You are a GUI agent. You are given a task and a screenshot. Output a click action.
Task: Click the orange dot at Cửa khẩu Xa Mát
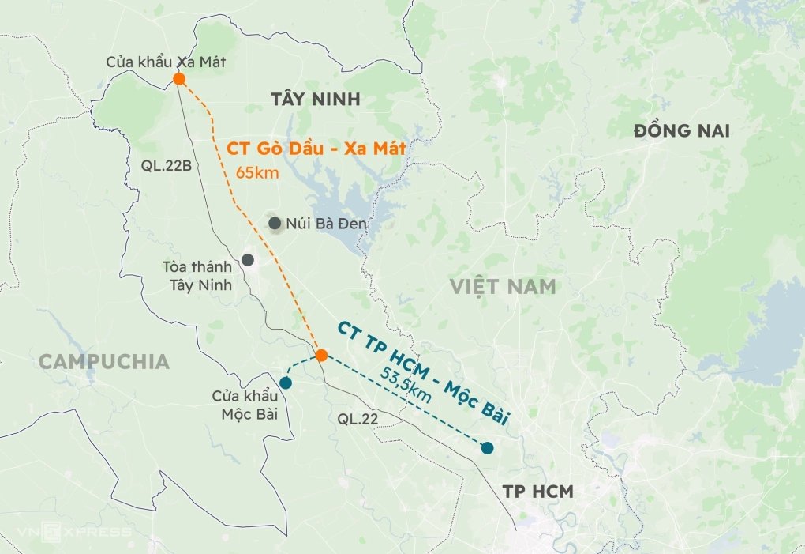point(179,79)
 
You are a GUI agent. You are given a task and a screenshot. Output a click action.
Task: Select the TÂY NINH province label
point(315,100)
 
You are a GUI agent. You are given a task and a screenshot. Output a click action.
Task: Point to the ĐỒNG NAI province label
point(682,130)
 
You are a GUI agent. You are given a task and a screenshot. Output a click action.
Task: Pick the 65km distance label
point(257,172)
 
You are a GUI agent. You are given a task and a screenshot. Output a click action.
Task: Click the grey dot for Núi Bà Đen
point(275,224)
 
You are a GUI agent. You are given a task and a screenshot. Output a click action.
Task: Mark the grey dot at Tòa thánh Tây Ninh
point(248,259)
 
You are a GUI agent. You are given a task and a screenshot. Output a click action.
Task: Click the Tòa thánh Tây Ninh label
point(197,276)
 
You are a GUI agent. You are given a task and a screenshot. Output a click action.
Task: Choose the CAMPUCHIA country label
point(104,362)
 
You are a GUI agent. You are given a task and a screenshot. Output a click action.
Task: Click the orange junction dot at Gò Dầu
point(321,355)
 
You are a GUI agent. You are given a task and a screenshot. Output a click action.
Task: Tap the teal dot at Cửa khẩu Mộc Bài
point(286,383)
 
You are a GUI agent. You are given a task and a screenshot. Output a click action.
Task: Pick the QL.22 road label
point(358,420)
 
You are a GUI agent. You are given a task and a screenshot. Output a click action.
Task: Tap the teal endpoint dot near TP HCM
point(487,448)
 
